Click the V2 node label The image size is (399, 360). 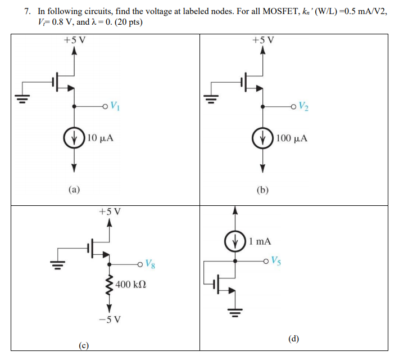303,105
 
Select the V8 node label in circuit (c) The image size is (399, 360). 149,263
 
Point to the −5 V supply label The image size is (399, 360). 110,321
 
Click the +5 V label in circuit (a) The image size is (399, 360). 74,40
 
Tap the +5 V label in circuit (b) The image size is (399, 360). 263,40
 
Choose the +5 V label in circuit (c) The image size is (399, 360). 110,212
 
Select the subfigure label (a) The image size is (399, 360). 74,190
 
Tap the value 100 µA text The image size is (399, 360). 292,138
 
